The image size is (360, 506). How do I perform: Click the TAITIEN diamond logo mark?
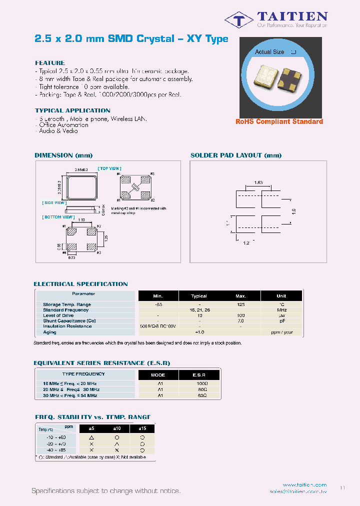[x=239, y=20]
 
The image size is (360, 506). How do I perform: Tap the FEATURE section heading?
[x=50, y=63]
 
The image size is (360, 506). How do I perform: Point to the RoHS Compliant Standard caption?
[x=279, y=121]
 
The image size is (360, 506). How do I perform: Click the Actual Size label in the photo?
[x=269, y=52]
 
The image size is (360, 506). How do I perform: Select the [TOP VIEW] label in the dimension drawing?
[x=109, y=169]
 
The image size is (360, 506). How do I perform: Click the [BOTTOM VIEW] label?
[x=58, y=217]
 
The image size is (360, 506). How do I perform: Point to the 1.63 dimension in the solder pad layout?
[x=259, y=183]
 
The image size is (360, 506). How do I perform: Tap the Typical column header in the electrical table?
[x=199, y=296]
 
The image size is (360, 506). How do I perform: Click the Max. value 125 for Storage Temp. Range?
[x=240, y=304]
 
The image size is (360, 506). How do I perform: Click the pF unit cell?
[x=281, y=321]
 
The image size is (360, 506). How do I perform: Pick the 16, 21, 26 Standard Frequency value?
[x=199, y=310]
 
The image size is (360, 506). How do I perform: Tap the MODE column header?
[x=157, y=374]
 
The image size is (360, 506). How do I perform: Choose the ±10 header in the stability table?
[x=117, y=428]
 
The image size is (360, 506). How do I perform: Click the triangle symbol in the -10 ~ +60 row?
[x=91, y=437]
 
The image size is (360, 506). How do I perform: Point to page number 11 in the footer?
[x=342, y=487]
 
